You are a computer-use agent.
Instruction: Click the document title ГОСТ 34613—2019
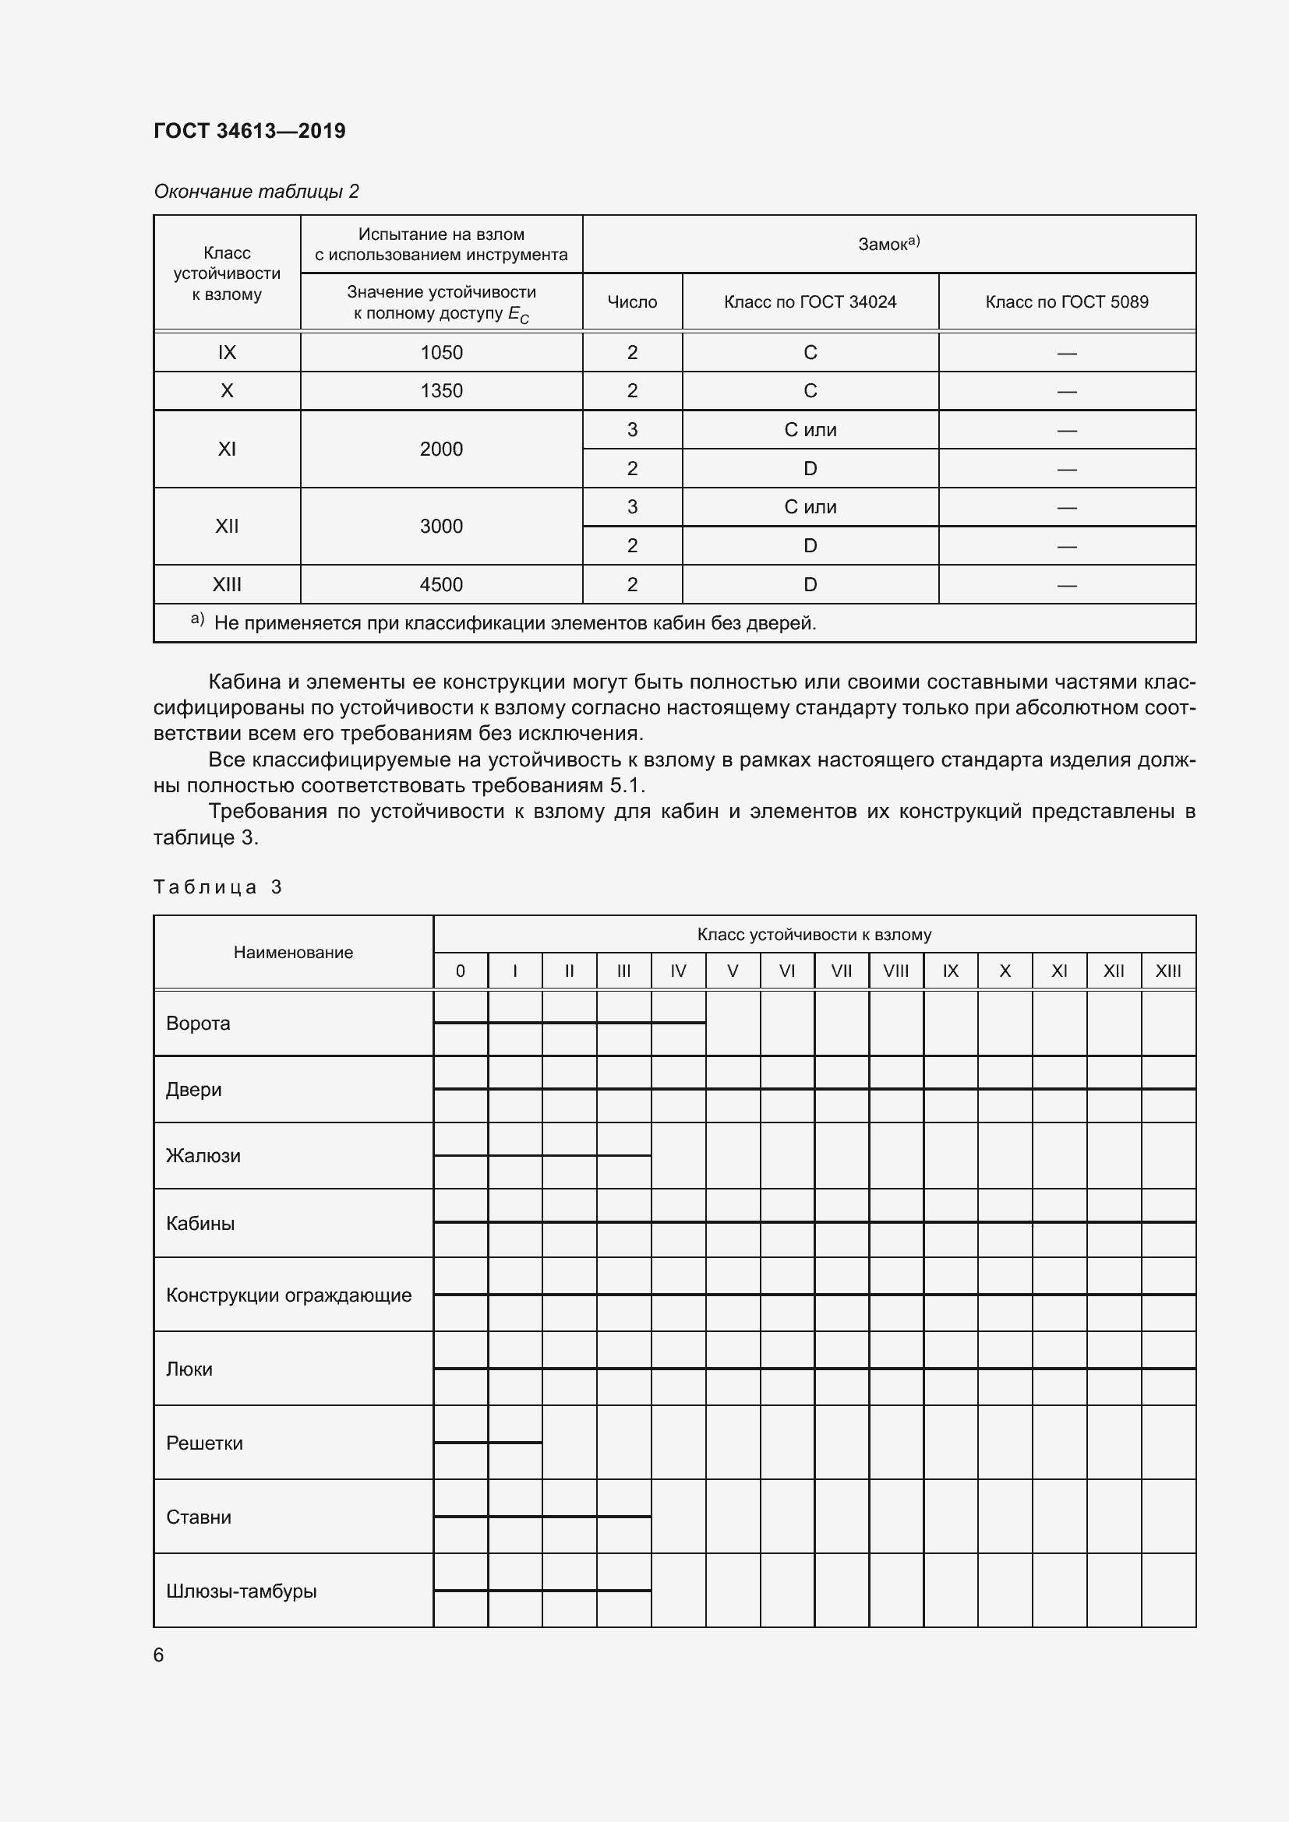coord(249,131)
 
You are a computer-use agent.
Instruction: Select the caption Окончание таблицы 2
coord(256,192)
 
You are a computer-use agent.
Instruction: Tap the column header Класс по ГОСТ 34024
coord(810,301)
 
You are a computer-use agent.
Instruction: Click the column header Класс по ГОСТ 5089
coord(1066,301)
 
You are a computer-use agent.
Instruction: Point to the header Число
coord(632,301)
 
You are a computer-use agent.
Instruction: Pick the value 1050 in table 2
coord(441,352)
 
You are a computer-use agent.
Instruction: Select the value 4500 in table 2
coord(441,585)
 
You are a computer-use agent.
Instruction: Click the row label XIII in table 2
coord(227,585)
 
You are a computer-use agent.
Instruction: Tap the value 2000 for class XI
coord(441,449)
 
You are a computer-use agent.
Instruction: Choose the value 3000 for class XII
coord(441,526)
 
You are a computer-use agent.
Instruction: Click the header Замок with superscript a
coord(888,244)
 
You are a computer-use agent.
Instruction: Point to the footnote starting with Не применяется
coord(514,623)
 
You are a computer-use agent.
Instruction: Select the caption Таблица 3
coord(217,887)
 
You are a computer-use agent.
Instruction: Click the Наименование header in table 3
coord(293,952)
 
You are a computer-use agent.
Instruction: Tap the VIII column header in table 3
coord(895,971)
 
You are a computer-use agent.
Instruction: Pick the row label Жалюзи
coord(203,1155)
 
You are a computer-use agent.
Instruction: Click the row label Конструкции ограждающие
coord(288,1295)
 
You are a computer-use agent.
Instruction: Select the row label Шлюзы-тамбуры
coord(242,1591)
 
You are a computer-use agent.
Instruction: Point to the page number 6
coord(159,1655)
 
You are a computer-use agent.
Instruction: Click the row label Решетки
coord(204,1443)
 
